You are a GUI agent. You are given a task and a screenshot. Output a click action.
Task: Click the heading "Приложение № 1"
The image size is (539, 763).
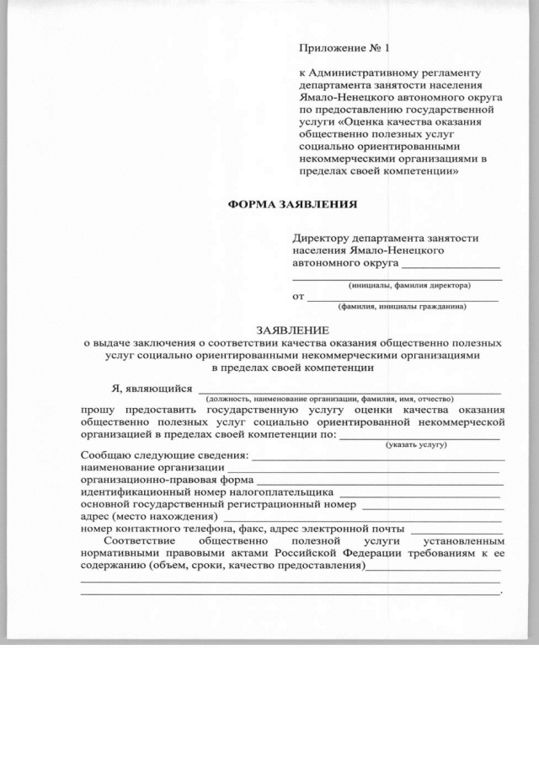point(341,48)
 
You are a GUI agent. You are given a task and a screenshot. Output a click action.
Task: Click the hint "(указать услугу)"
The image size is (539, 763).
point(415,443)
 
